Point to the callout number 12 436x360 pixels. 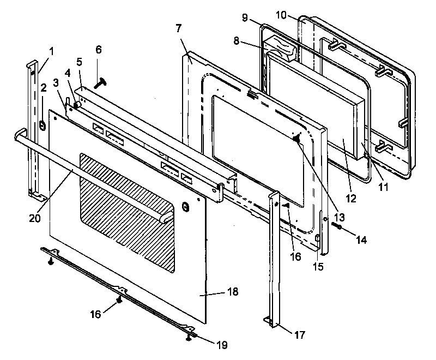point(351,199)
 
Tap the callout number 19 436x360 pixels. point(221,345)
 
